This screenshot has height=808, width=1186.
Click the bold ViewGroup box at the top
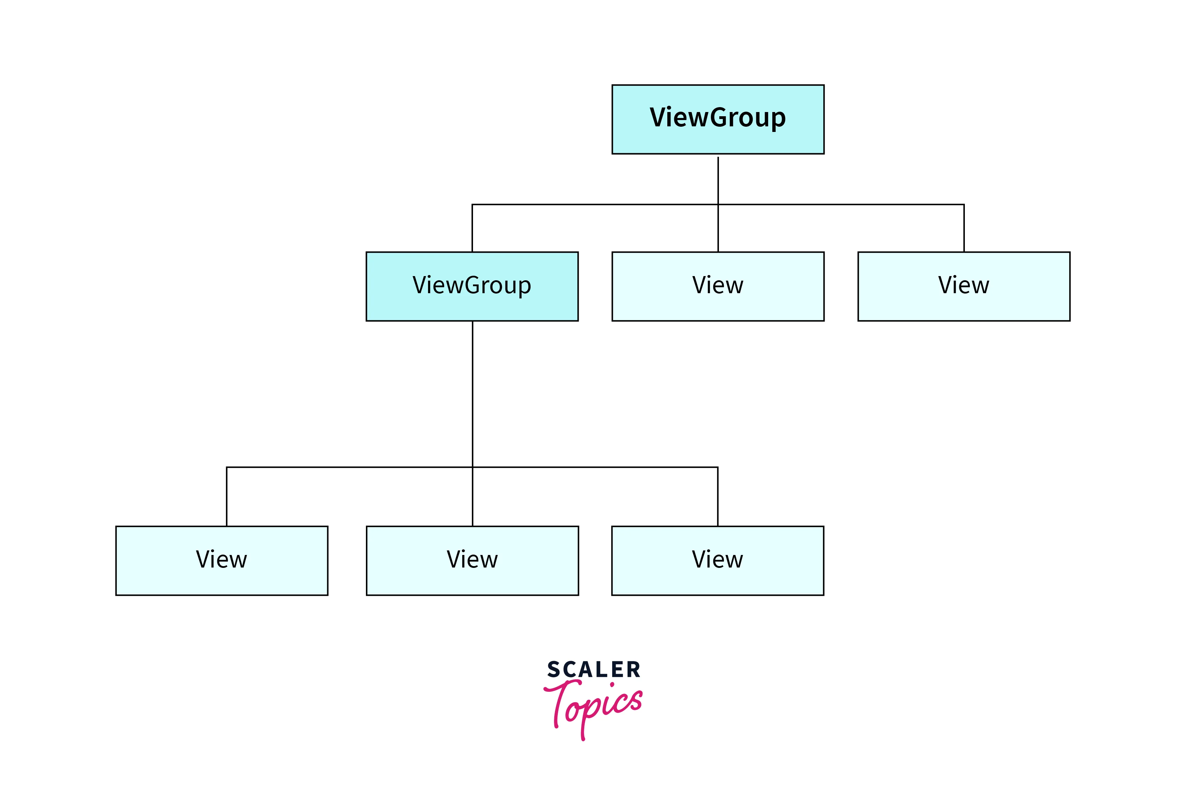[718, 119]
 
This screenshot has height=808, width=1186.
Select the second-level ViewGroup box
[472, 286]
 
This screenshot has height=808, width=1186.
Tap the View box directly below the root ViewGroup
[718, 286]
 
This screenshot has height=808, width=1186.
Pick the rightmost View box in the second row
[963, 286]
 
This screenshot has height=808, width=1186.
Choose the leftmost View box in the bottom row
[222, 560]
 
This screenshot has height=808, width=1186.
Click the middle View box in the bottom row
[472, 560]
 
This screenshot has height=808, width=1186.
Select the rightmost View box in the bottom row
[717, 560]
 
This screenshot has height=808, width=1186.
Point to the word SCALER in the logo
[593, 669]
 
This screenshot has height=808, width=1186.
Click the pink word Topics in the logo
[594, 707]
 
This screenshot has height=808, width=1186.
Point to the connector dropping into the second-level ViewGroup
[472, 228]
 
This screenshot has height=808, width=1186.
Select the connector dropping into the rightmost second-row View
[963, 228]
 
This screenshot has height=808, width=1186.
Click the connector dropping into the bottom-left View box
[227, 496]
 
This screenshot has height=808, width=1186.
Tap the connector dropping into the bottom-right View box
[718, 496]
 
